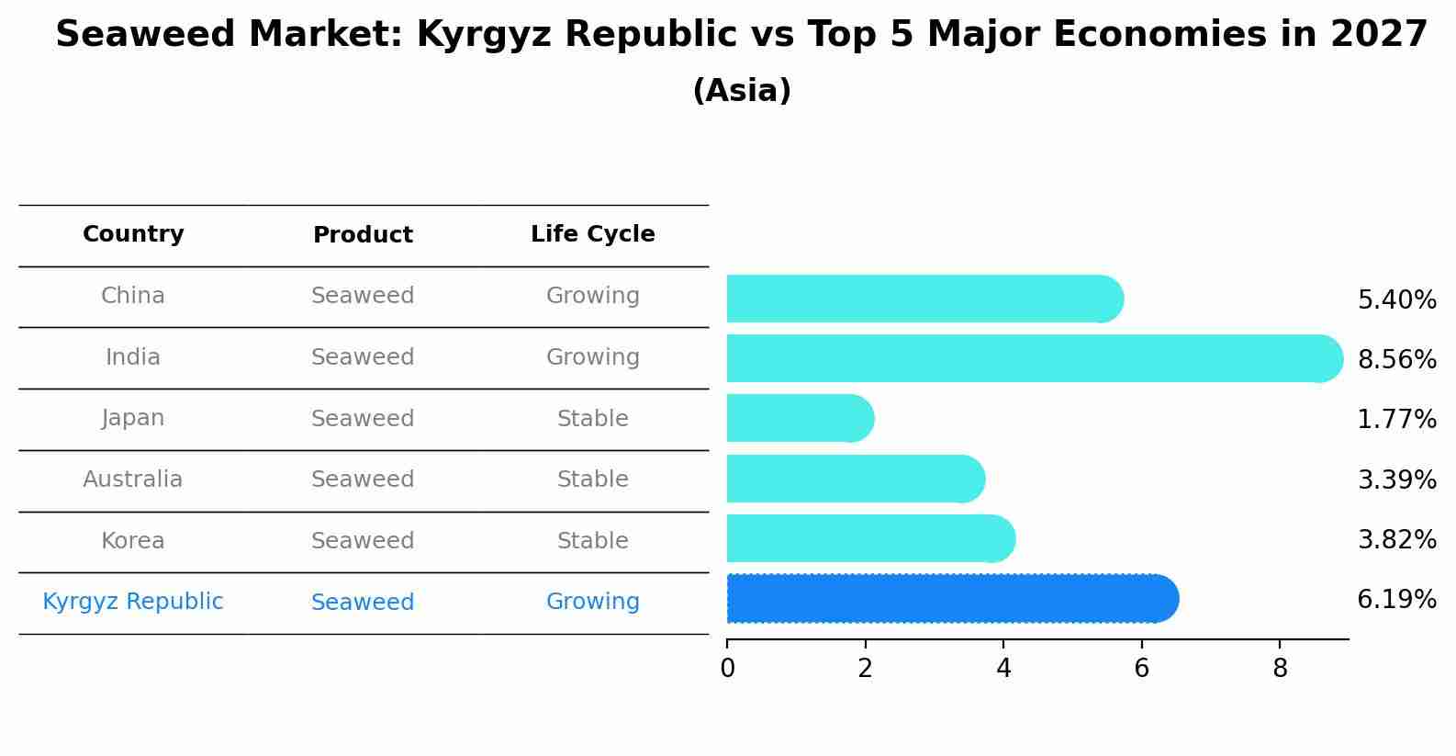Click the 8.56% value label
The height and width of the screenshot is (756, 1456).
point(1396,359)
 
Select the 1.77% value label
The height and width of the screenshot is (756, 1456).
point(1396,420)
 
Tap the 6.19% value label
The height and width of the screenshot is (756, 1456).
point(1396,600)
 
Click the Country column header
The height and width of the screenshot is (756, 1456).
point(133,234)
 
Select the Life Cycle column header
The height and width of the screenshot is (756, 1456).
point(592,234)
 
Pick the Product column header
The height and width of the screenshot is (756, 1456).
point(363,235)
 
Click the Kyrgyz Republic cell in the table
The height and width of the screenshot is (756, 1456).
point(133,602)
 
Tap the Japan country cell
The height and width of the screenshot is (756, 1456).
point(133,418)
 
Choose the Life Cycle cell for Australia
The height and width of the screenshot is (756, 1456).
point(592,480)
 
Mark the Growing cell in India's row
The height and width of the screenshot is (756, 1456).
point(592,356)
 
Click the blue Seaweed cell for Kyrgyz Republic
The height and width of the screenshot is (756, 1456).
point(363,603)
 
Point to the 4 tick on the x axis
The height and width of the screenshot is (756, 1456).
point(1003,669)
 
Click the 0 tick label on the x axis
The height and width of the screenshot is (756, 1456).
point(727,669)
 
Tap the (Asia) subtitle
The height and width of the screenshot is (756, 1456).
point(742,91)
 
